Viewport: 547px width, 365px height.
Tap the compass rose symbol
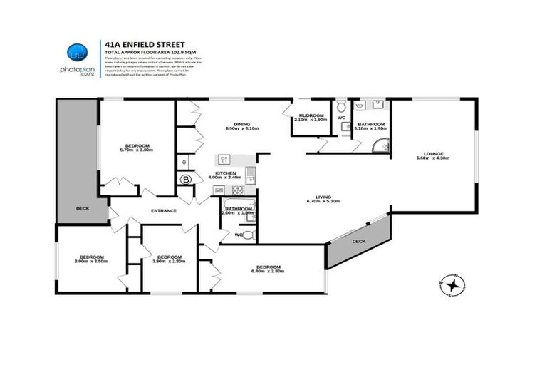pos(453,283)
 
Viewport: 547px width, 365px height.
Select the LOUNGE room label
pos(434,153)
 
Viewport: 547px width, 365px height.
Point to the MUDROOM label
pos(311,115)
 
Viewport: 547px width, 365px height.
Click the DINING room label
pos(236,123)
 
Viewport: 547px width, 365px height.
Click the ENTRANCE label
pos(163,210)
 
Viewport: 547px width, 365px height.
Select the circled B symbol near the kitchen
pos(187,178)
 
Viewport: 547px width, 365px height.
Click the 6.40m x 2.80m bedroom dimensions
pos(268,270)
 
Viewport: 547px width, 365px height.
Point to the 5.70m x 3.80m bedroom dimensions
pos(137,150)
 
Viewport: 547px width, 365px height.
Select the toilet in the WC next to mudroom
pos(340,105)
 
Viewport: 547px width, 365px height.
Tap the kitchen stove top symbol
pos(236,190)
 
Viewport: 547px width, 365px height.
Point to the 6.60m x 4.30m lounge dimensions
pos(434,158)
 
